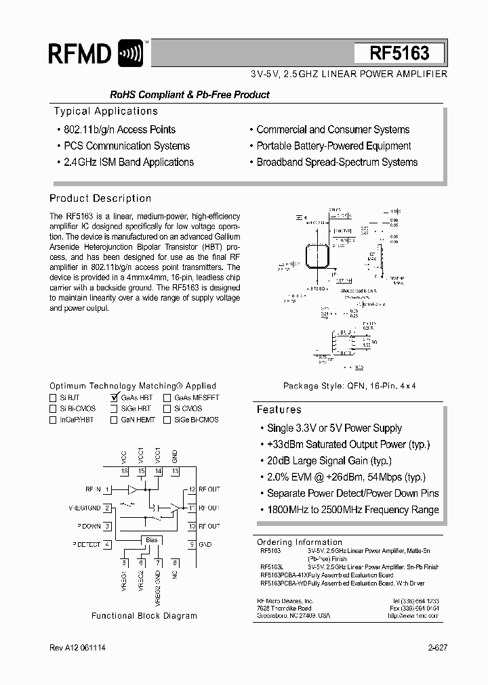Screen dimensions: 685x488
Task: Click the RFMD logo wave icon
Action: (130, 53)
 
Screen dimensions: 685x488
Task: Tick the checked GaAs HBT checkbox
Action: (114, 398)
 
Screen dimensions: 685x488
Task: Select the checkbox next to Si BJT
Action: (53, 398)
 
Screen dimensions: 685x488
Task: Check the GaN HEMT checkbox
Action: (113, 420)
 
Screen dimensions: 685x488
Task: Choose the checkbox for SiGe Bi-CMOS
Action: (167, 420)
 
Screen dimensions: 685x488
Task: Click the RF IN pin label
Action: (93, 489)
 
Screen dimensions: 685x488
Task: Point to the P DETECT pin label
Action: (86, 544)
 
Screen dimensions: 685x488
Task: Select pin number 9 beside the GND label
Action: (192, 544)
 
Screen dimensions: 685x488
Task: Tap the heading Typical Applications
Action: (106, 111)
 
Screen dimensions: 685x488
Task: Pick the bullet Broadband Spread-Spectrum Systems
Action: (337, 162)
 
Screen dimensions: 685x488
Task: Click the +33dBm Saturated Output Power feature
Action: (348, 444)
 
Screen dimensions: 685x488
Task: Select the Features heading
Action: (279, 410)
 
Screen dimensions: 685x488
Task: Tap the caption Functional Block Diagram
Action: (144, 615)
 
